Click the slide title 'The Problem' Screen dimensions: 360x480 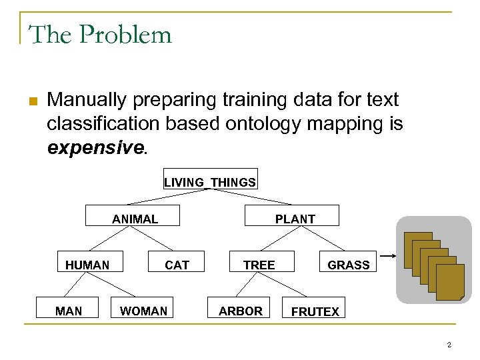[x=100, y=34]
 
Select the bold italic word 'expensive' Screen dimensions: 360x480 [x=95, y=147]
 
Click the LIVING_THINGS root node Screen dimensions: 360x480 [x=210, y=181]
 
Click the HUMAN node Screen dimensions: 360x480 [x=87, y=265]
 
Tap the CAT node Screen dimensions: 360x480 [x=177, y=265]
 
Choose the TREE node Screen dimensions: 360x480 [x=259, y=265]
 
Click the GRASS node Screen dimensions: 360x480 [x=348, y=265]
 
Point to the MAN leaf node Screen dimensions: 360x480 [x=69, y=311]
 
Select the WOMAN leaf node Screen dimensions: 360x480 [x=143, y=311]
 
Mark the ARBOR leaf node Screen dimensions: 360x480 [x=240, y=311]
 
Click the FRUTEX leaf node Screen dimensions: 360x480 [x=315, y=311]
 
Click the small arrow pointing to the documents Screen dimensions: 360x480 [x=388, y=256]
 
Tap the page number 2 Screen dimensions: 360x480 [x=449, y=345]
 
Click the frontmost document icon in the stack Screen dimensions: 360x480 [x=449, y=281]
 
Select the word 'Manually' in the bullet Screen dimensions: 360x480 [x=87, y=100]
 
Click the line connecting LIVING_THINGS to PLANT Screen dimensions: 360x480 [x=250, y=197]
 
